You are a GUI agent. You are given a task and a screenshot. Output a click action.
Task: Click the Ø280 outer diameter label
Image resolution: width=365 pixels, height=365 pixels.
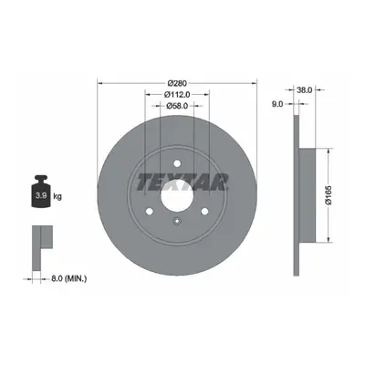pyautogui.click(x=177, y=83)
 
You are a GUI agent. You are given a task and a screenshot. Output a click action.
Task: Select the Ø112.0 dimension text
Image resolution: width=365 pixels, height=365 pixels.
pyautogui.click(x=177, y=95)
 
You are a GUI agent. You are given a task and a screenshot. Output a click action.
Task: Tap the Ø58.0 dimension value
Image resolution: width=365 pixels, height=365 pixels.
pyautogui.click(x=177, y=106)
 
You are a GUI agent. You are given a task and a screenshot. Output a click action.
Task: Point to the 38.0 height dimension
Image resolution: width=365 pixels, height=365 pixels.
pyautogui.click(x=304, y=89)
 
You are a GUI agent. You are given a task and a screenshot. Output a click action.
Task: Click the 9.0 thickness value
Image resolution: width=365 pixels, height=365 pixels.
pyautogui.click(x=277, y=104)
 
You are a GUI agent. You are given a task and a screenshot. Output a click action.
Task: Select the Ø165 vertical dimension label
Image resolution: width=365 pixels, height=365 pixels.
pyautogui.click(x=329, y=194)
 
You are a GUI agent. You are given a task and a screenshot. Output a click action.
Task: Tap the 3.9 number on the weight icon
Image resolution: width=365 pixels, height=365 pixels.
pyautogui.click(x=41, y=196)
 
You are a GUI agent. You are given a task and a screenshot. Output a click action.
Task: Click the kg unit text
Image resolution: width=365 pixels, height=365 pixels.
pyautogui.click(x=57, y=196)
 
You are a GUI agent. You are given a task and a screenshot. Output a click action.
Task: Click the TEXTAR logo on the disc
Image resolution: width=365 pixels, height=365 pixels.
pyautogui.click(x=182, y=182)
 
